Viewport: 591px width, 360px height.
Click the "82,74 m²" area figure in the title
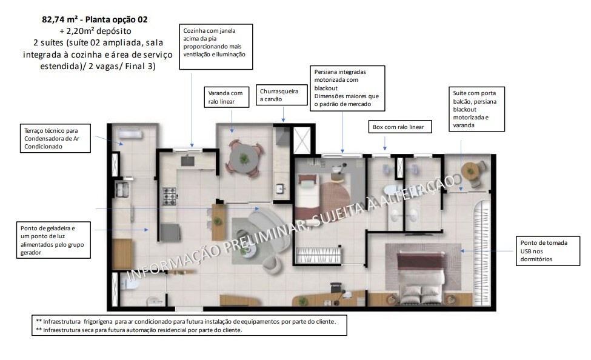[x=61, y=19]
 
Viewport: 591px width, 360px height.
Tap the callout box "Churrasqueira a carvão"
[x=279, y=95]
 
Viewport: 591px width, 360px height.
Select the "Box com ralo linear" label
[x=400, y=127]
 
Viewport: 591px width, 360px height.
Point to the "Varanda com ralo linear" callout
[x=226, y=98]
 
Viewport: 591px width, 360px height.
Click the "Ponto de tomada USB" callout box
[x=543, y=251]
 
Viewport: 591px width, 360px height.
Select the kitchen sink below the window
[x=187, y=160]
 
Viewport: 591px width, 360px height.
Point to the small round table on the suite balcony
[x=470, y=171]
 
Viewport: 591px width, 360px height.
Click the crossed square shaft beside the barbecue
[x=302, y=140]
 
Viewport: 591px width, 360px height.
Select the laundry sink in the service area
[x=123, y=188]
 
